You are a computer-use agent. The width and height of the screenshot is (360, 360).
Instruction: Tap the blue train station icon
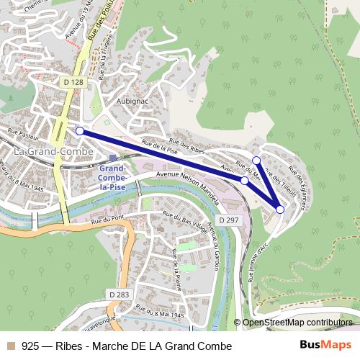(x=112, y=157)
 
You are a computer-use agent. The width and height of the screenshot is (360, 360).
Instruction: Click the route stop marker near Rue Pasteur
(x=80, y=131)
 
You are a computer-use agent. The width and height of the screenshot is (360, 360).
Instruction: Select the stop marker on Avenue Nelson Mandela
(x=245, y=181)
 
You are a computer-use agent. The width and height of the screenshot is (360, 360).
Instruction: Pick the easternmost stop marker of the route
(x=280, y=209)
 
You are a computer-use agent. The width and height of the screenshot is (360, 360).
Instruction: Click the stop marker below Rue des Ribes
(x=256, y=160)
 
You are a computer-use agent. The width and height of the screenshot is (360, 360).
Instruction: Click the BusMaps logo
(x=325, y=346)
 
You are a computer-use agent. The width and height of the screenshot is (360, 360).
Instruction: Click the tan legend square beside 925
(x=10, y=346)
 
